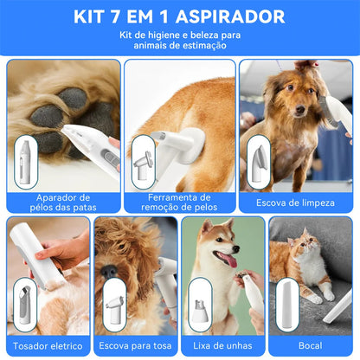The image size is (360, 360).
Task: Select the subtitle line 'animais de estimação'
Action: click(180, 47)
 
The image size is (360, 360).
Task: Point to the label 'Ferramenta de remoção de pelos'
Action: click(179, 202)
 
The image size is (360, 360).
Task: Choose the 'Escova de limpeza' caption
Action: click(297, 202)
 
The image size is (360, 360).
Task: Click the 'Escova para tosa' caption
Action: click(135, 345)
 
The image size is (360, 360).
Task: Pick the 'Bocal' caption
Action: click(311, 345)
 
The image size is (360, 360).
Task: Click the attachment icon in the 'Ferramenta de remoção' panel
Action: click(143, 161)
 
